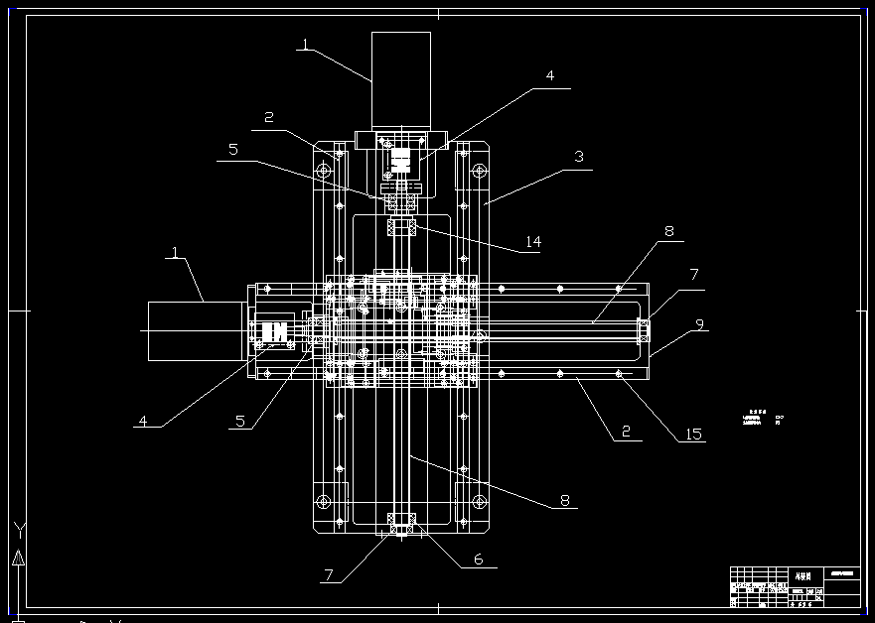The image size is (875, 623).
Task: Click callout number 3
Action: point(578,157)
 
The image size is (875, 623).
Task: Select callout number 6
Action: point(478,560)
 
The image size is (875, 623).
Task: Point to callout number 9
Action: point(699,324)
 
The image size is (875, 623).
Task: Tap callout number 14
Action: point(532,242)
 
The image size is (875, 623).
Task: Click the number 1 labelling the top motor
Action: point(305,44)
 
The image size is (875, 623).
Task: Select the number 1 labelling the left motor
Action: point(176,254)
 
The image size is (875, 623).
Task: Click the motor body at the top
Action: point(401,79)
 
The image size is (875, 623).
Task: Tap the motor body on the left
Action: point(196,330)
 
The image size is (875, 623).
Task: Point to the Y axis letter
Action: point(19,529)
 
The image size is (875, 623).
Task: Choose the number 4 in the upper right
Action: point(549,75)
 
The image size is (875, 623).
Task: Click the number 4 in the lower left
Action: point(142,421)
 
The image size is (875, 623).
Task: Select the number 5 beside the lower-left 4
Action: point(239,421)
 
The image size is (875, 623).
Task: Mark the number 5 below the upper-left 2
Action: point(233,151)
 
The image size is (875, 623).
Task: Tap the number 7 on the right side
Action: point(694,274)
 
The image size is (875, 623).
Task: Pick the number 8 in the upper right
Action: point(668,232)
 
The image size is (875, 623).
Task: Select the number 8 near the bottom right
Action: point(564,501)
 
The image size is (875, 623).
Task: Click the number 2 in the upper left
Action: point(268,118)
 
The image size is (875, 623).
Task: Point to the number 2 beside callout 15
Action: point(626,433)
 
